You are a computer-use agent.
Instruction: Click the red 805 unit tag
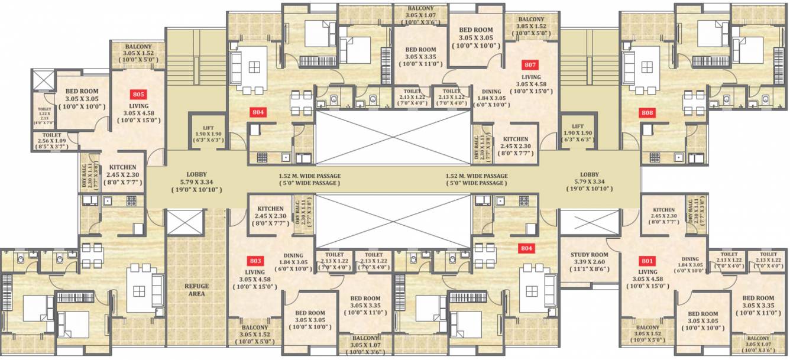(138, 94)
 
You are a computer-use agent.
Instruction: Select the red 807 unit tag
(530, 65)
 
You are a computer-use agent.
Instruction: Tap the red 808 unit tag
(647, 112)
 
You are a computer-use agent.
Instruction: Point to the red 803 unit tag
(255, 260)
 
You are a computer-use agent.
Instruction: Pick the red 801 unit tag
(647, 260)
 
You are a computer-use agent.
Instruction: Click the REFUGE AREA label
(196, 290)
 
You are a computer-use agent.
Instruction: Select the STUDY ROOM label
(589, 255)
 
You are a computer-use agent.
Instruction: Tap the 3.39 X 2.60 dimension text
(589, 262)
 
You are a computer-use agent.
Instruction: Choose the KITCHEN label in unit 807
(515, 139)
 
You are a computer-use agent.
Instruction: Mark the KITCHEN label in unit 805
(122, 168)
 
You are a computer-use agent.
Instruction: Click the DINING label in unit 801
(689, 259)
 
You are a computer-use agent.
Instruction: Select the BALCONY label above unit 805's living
(138, 47)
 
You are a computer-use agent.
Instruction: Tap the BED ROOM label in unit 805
(82, 92)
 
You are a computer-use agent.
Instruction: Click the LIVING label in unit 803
(255, 273)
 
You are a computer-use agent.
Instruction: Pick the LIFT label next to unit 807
(578, 127)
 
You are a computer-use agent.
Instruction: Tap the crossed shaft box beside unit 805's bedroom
(43, 80)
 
